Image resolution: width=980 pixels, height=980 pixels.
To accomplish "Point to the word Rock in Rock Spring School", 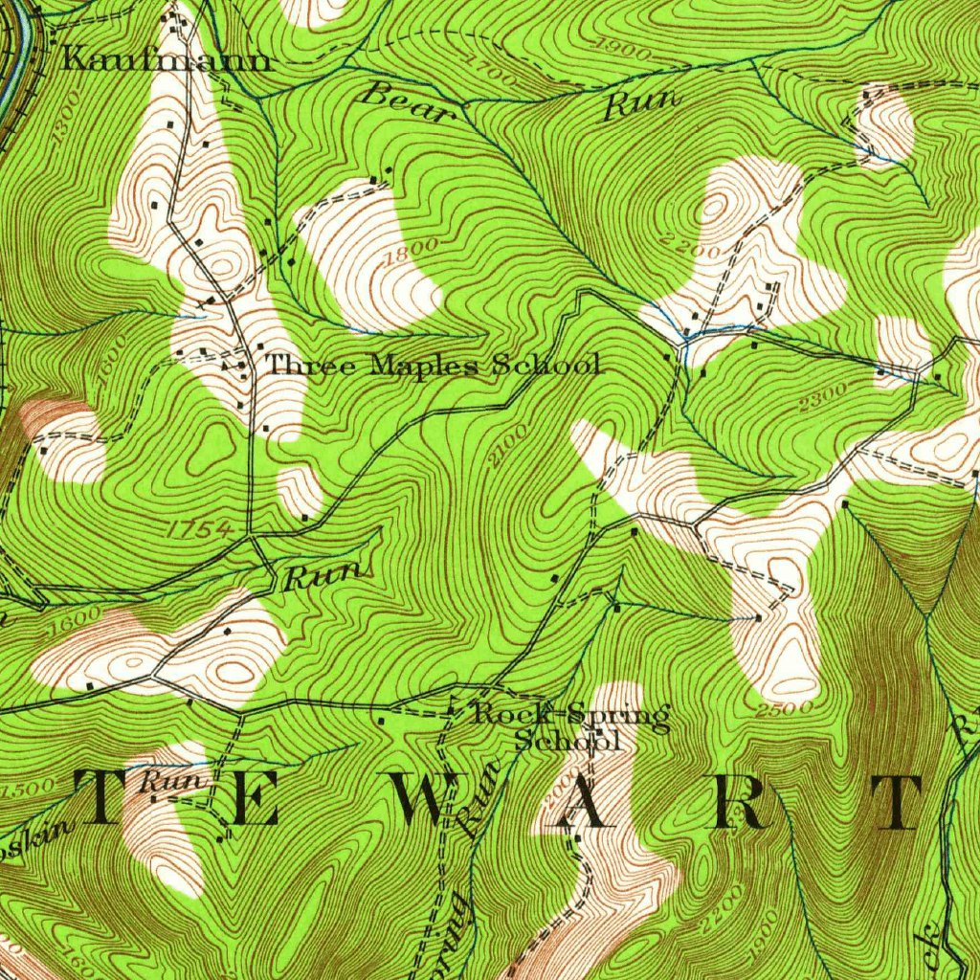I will click(510, 713).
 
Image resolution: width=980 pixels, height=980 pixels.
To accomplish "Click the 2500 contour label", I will click(784, 709).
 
